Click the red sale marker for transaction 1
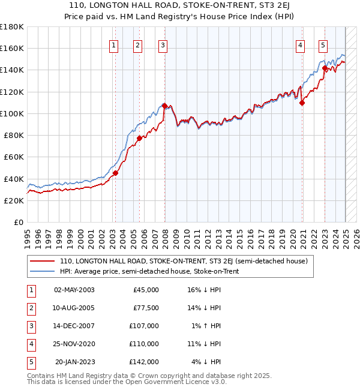pos(115,173)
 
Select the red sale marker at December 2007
pos(164,106)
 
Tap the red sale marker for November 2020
pos(302,103)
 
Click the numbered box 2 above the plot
pos(137,44)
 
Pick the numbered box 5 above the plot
pos(323,44)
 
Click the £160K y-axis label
pos(12,48)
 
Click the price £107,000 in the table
pos(144,326)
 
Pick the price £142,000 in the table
pos(144,362)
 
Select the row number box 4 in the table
pos(31,344)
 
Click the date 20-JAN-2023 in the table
pos(74,362)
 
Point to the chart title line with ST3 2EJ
pos(179,7)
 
